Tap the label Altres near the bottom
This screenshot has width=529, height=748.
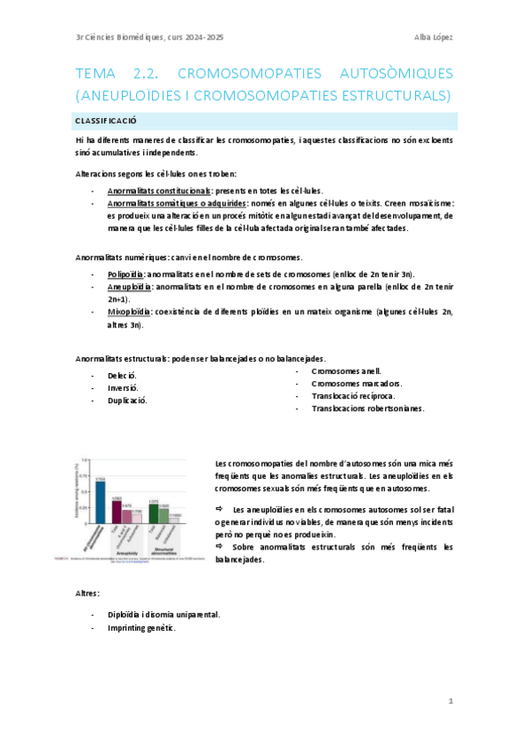(x=87, y=594)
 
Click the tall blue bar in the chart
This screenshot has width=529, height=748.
(x=101, y=501)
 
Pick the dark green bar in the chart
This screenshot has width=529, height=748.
(x=154, y=513)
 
